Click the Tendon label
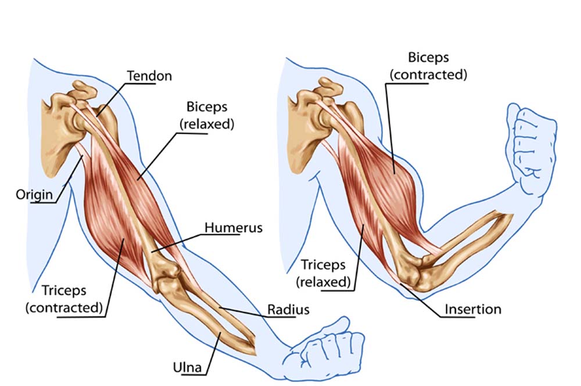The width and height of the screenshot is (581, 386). click(149, 76)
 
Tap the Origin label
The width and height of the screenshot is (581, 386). click(34, 194)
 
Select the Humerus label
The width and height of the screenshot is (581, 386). click(234, 227)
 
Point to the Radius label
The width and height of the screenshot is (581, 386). click(288, 309)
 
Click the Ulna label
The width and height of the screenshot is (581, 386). click(188, 367)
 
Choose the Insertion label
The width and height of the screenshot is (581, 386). click(473, 309)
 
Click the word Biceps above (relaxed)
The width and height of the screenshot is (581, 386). click(207, 107)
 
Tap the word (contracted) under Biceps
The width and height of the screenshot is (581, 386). click(428, 74)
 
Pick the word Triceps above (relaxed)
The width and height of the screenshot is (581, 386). click(323, 265)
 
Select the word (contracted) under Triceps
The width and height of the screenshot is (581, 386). click(64, 308)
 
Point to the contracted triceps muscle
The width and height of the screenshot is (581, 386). click(111, 215)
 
